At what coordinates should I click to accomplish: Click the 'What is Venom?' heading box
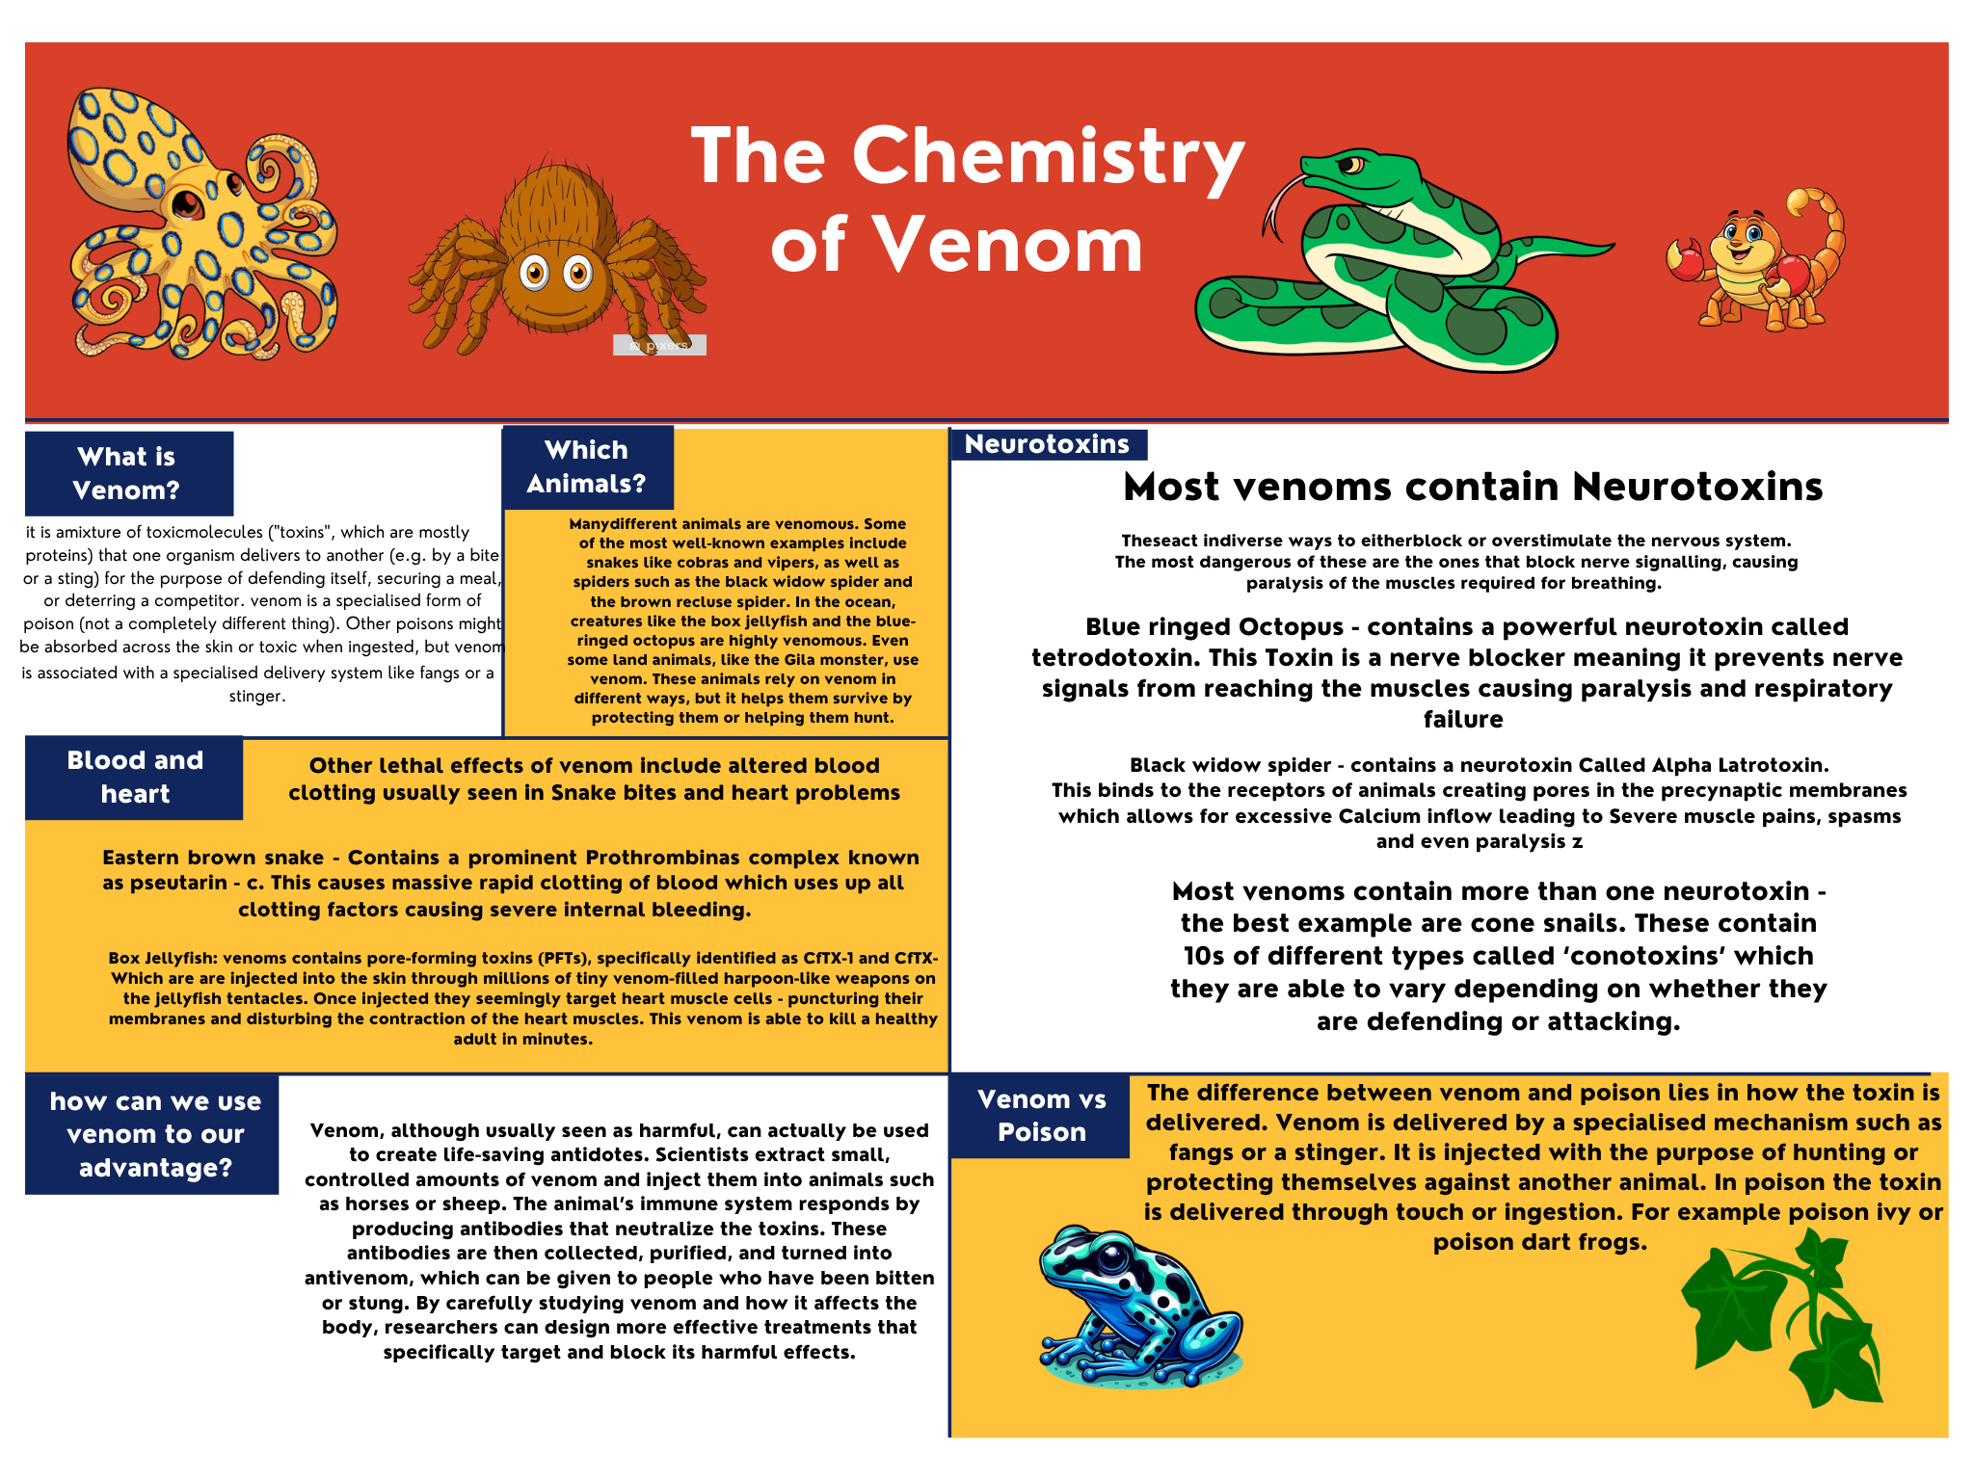(x=128, y=473)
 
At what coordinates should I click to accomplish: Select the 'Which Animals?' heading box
(x=587, y=467)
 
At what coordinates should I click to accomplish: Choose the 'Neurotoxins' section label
(x=1048, y=444)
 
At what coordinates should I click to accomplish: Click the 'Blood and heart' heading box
(x=134, y=778)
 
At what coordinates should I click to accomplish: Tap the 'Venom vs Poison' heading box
(x=1040, y=1116)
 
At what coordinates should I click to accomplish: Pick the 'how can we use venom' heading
(x=154, y=1134)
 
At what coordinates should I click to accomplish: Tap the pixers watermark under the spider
(x=660, y=345)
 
